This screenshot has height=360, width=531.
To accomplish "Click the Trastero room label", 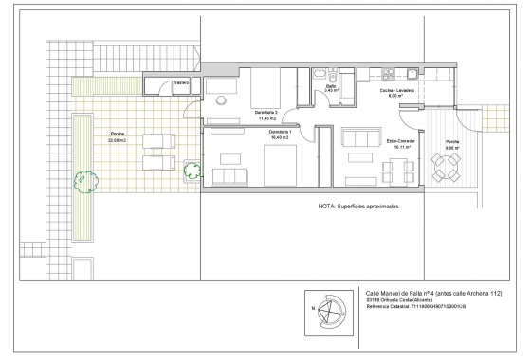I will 180,82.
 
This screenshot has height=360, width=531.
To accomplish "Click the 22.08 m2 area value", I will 118,139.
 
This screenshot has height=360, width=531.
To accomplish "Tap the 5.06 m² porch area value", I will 453,146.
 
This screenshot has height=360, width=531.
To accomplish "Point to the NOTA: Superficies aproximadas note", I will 358,205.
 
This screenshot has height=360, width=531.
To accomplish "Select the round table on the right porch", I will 445,169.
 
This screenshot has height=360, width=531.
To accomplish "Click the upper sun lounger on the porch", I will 157,142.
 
